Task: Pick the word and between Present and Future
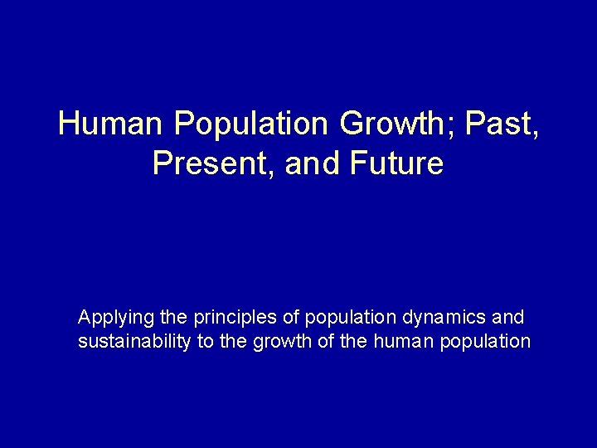[312, 163]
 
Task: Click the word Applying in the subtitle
[109, 318]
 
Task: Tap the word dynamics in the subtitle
[448, 317]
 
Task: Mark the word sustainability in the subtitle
[133, 341]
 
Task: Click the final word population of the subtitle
[489, 341]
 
